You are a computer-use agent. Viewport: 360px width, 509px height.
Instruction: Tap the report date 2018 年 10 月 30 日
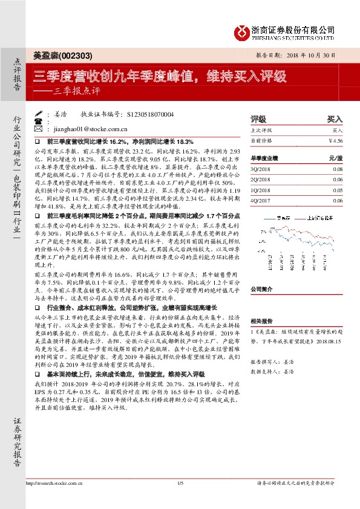(316, 54)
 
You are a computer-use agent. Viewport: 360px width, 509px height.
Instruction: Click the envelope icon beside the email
(39, 129)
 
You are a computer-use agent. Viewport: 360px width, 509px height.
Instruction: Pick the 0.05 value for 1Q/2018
(337, 190)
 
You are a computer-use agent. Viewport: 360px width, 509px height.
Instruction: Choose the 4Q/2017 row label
(261, 200)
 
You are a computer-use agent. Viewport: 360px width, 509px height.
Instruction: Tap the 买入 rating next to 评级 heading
(335, 119)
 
